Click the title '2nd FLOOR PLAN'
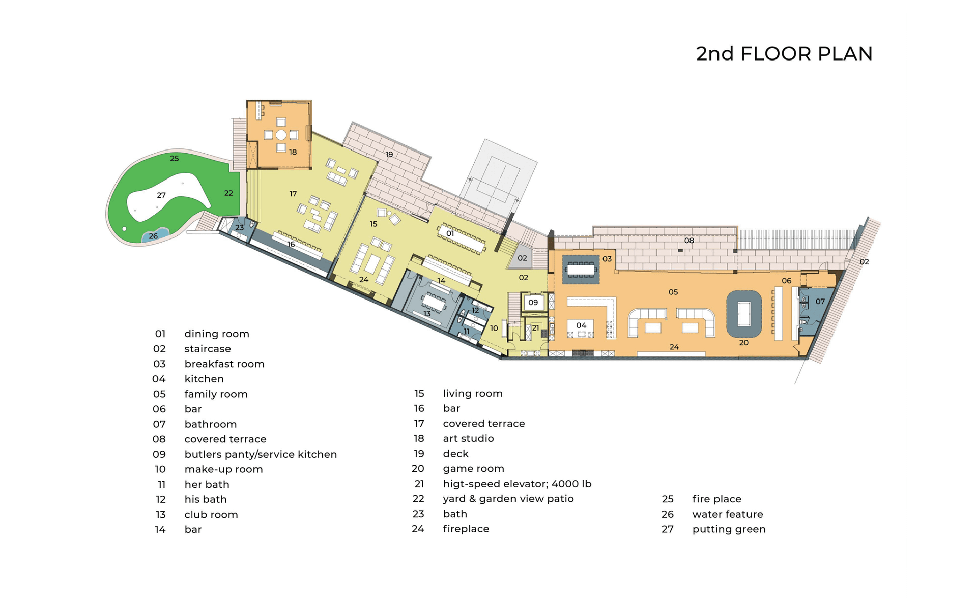(x=784, y=54)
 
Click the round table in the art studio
(x=281, y=135)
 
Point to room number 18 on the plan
(x=293, y=152)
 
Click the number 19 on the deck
(x=389, y=155)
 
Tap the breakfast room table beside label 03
(x=581, y=269)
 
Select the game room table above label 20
(x=743, y=314)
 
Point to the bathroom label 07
(x=820, y=302)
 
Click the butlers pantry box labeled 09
(x=533, y=303)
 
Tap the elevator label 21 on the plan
(x=535, y=328)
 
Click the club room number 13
(x=427, y=314)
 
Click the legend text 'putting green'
(x=729, y=529)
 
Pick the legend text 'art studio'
(x=468, y=438)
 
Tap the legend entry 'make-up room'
(x=223, y=469)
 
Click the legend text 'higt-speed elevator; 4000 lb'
(x=517, y=484)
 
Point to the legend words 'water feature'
(x=728, y=514)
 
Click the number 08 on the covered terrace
(x=688, y=241)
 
